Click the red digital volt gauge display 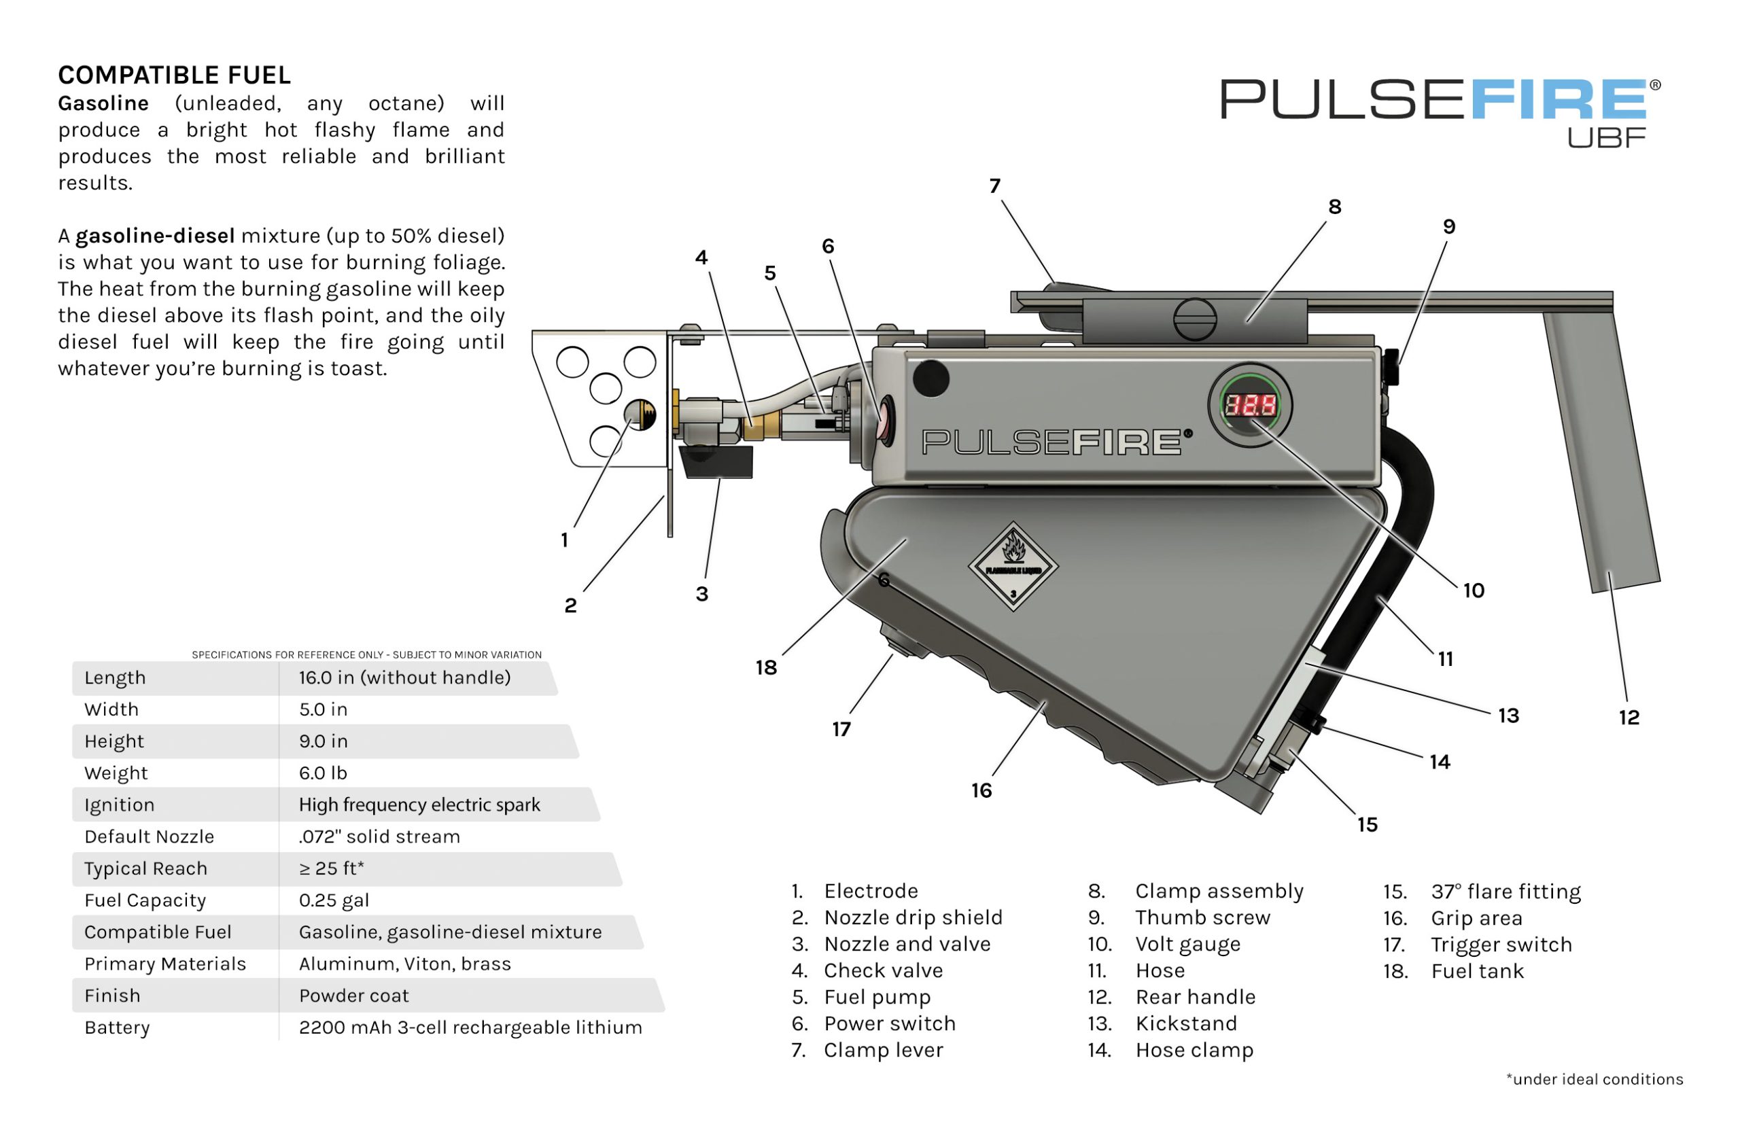tap(1250, 404)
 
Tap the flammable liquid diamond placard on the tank tap(1013, 565)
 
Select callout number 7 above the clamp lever tap(994, 186)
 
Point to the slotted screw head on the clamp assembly tap(1195, 319)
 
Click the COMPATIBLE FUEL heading tap(174, 75)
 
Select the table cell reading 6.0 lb tap(322, 773)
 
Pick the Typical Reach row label tap(145, 868)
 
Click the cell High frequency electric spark tap(419, 805)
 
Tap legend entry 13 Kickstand tap(1185, 1023)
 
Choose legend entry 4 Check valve tap(882, 970)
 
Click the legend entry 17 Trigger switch tap(1500, 944)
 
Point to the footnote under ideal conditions tap(1594, 1079)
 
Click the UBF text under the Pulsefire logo tap(1605, 137)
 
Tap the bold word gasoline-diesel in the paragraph tap(155, 235)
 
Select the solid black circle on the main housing tap(930, 378)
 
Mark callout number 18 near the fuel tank tap(765, 667)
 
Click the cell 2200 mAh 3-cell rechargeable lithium tap(470, 1027)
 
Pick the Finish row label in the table tap(112, 996)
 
